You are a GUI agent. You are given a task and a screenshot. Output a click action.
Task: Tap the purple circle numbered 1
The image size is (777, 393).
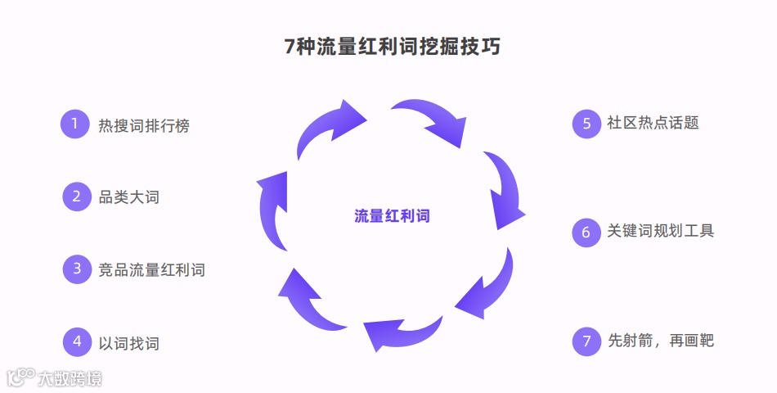coord(74,124)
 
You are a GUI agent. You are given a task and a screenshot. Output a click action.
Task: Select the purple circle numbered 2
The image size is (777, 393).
coord(77,196)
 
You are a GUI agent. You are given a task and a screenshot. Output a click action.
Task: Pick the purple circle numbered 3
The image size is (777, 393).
coord(77,269)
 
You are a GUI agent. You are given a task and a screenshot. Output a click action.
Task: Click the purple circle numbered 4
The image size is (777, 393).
coord(77,341)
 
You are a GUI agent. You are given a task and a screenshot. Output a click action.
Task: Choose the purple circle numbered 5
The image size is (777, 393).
coord(586,124)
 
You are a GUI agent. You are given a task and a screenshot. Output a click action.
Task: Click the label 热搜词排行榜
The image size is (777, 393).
coord(144,125)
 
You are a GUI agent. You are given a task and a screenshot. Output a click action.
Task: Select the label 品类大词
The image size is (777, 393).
coord(128,197)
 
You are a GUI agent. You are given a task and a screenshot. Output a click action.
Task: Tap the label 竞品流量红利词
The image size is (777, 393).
coord(151,269)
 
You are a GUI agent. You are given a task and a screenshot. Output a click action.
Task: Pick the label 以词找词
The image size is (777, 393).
coord(128,342)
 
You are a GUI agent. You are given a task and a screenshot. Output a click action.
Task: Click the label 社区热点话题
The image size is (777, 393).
coord(653,124)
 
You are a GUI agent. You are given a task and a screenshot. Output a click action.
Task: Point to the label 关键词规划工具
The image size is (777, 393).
coord(660,231)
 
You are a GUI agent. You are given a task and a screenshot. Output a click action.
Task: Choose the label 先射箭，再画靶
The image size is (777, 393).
coord(661,341)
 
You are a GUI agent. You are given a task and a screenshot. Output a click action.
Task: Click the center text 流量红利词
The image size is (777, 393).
coord(392,216)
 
